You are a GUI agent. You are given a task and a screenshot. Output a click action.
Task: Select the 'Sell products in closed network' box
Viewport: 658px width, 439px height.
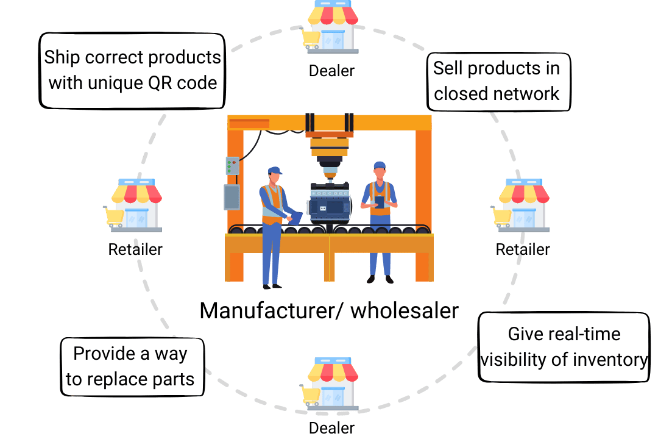497,80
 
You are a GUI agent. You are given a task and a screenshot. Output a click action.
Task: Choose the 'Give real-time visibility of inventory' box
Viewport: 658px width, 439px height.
564,347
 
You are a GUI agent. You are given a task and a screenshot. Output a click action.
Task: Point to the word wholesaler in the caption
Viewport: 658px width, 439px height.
405,310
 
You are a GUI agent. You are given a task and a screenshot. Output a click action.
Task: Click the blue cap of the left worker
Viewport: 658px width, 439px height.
274,170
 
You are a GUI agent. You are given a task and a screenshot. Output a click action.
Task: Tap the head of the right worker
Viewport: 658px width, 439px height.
380,171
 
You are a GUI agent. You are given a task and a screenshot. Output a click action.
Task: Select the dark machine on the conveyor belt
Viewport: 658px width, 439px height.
329,201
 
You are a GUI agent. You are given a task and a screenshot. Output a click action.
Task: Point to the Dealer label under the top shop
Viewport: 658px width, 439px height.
331,71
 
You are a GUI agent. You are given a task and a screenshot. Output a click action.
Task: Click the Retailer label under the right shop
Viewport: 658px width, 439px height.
523,249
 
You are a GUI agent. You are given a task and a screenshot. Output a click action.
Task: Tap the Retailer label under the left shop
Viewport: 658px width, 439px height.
135,249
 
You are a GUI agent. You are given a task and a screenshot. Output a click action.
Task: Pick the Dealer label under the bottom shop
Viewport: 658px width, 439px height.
331,427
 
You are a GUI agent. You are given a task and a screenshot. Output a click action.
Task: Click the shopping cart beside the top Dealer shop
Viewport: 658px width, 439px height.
311,39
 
